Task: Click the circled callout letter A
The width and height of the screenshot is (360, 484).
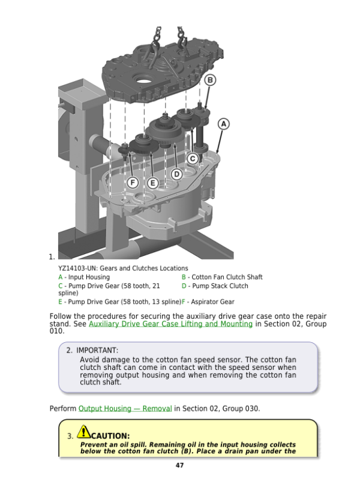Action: point(224,124)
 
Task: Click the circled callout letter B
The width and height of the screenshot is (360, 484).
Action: point(210,80)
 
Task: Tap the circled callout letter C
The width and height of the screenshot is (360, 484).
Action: point(193,159)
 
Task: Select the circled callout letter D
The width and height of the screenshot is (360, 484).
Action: point(176,174)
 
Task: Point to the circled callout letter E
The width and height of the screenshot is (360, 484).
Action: point(152,183)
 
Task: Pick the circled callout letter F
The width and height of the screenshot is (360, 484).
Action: point(133,183)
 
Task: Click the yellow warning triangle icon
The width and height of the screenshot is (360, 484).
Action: point(83,432)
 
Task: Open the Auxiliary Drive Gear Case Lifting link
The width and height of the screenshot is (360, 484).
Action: point(170,324)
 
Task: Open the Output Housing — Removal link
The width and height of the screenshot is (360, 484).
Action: point(125,408)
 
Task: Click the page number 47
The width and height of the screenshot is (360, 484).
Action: point(179,465)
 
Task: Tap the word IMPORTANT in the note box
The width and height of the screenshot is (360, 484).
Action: point(97,350)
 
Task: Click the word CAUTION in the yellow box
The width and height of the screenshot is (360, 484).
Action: point(110,436)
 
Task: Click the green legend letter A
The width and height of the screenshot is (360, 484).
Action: point(61,277)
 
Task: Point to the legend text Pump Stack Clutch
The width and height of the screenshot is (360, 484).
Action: point(220,286)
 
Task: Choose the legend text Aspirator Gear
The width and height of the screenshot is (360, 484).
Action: point(212,301)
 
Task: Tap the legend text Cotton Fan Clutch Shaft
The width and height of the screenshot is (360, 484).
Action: point(227,277)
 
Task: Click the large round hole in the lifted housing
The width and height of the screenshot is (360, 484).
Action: point(143,81)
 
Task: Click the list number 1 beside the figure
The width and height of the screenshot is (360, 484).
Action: point(52,257)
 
